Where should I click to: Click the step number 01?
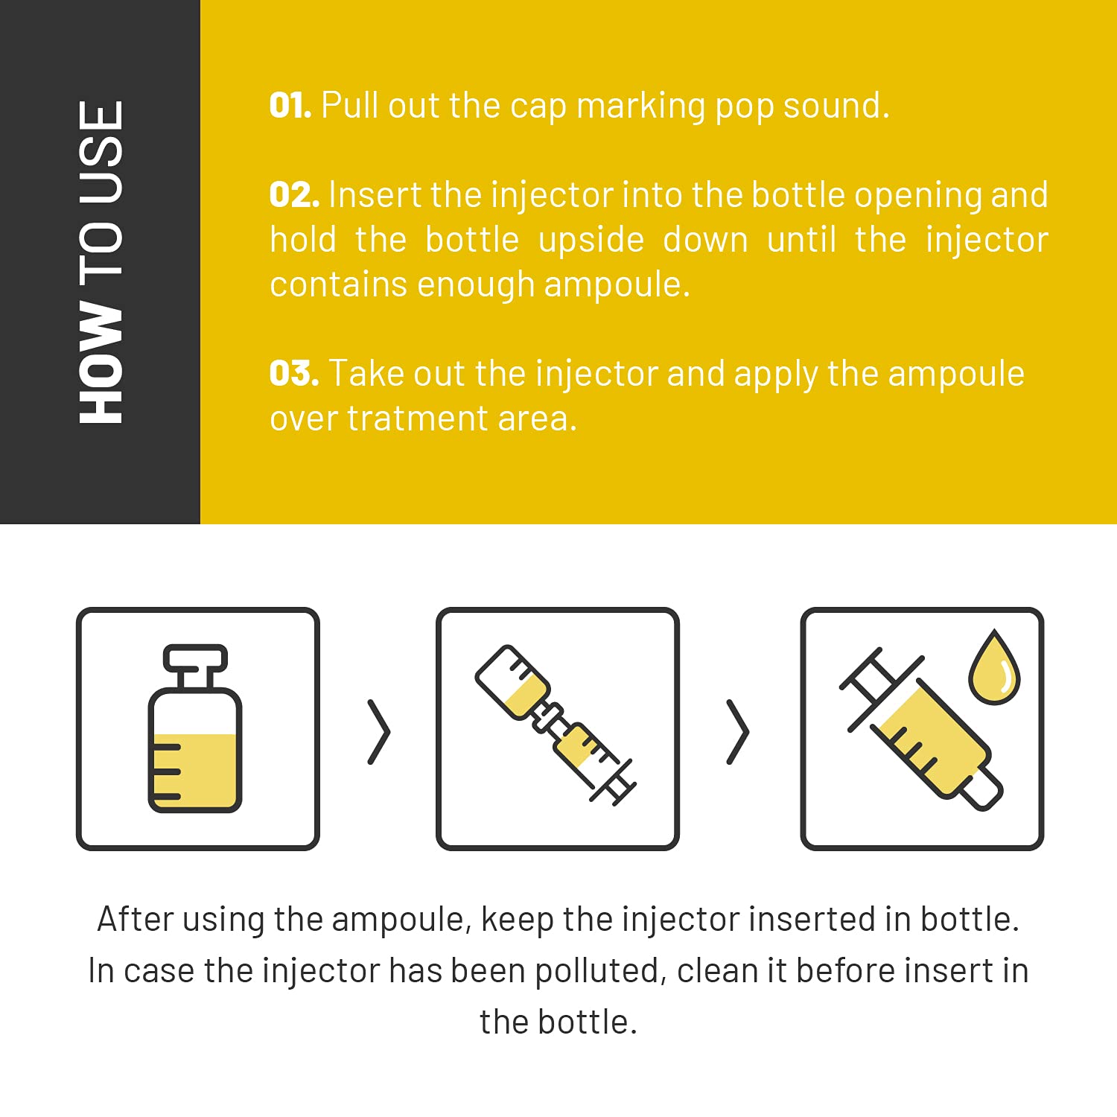290,106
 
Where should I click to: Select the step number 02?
294,195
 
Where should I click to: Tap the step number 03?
294,374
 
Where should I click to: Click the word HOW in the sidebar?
101,363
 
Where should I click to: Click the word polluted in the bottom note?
597,971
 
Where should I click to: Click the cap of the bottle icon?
195,658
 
